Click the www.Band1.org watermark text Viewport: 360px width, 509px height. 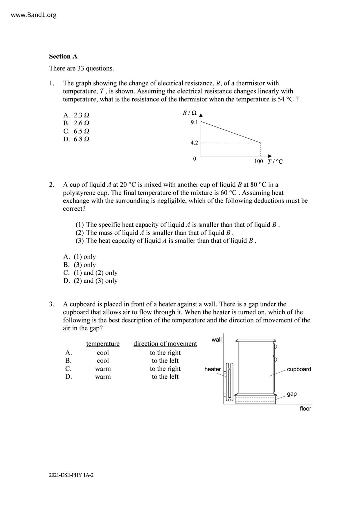pyautogui.click(x=34, y=15)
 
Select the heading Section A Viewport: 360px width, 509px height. pyautogui.click(x=63, y=56)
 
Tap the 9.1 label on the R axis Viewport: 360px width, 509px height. pyautogui.click(x=194, y=122)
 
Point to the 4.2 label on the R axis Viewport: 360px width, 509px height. pyautogui.click(x=194, y=143)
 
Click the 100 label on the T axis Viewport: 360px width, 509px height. pyautogui.click(x=258, y=161)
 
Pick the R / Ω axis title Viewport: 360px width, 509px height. pyautogui.click(x=190, y=113)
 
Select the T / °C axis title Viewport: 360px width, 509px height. pyautogui.click(x=275, y=162)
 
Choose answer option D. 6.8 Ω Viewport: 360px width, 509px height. pyautogui.click(x=76, y=139)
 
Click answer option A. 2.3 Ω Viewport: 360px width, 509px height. pyautogui.click(x=76, y=115)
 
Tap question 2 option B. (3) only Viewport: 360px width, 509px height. pyautogui.click(x=80, y=265)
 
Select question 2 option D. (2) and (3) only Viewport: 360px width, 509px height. pyautogui.click(x=90, y=281)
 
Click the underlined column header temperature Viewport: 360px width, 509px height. pyautogui.click(x=103, y=344)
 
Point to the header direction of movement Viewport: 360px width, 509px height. pyautogui.click(x=165, y=344)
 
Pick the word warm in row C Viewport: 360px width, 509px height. pyautogui.click(x=103, y=369)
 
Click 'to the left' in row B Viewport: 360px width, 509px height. pyautogui.click(x=165, y=361)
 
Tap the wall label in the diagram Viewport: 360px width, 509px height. pyautogui.click(x=217, y=340)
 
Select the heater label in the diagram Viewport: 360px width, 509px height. pyautogui.click(x=213, y=369)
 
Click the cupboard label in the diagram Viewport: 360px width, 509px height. pyautogui.click(x=299, y=369)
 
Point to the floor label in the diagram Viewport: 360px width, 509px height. pyautogui.click(x=305, y=409)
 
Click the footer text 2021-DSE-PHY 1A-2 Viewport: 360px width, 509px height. pyautogui.click(x=71, y=475)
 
